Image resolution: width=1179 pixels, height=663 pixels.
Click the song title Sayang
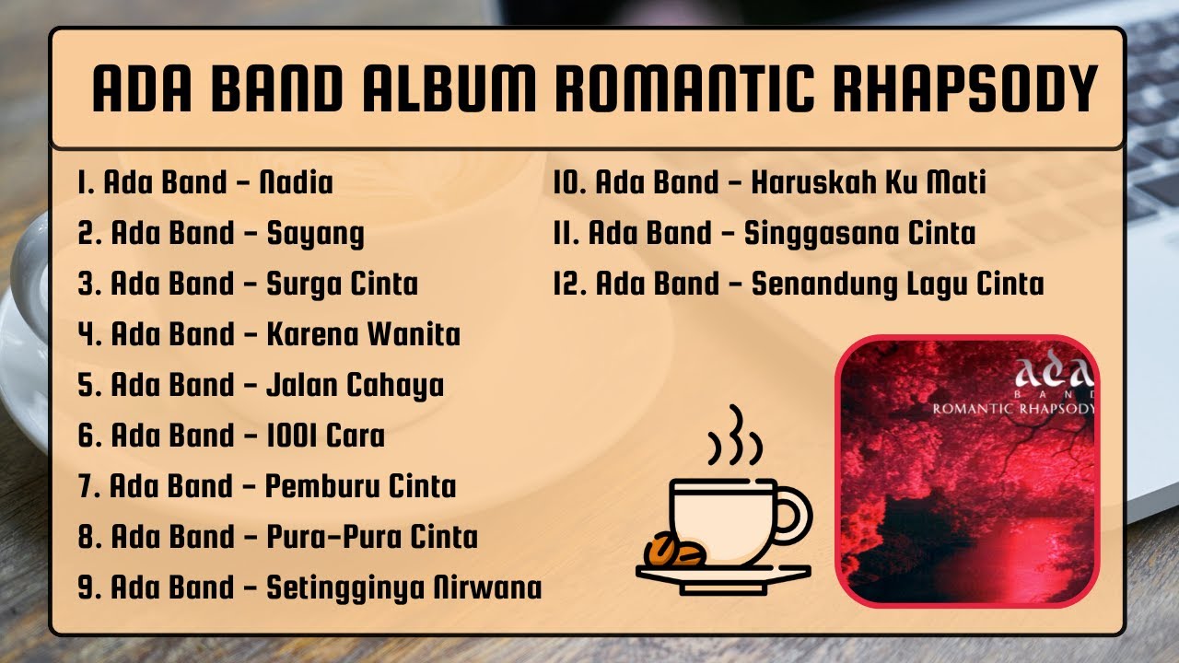click(x=315, y=234)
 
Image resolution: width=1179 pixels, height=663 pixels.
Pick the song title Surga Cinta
click(x=342, y=284)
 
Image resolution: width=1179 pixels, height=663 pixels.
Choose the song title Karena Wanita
click(x=363, y=334)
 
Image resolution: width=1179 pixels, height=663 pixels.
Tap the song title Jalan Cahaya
click(x=355, y=385)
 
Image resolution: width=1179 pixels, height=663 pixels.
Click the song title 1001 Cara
click(x=325, y=435)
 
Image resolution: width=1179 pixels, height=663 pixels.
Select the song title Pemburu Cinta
click(x=360, y=486)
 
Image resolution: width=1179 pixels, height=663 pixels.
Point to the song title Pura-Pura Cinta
click(x=371, y=537)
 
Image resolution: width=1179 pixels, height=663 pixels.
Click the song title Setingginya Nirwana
click(x=403, y=587)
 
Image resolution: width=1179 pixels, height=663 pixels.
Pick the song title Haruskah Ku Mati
click(x=869, y=182)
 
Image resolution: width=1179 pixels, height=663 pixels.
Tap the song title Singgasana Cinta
click(x=859, y=233)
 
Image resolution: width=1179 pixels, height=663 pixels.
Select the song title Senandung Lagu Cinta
click(x=897, y=284)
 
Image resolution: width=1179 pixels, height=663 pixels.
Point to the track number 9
click(x=88, y=587)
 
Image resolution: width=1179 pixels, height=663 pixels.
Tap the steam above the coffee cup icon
click(x=734, y=437)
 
